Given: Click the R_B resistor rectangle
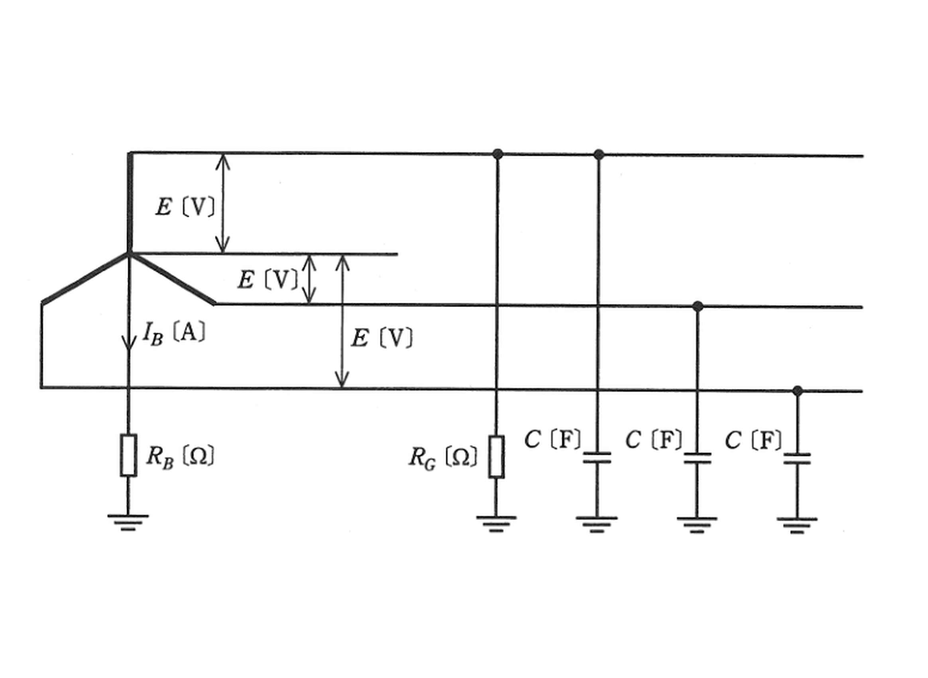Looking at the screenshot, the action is point(128,455).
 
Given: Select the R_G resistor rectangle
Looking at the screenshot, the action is point(496,457).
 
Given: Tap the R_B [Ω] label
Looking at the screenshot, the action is point(181,457).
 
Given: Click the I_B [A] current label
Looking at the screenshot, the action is point(173,333).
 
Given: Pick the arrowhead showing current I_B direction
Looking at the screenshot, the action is point(129,342).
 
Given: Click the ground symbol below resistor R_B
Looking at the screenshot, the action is point(128,522).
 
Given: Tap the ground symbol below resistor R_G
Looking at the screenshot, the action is point(496,524).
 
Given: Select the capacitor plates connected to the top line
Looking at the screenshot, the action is point(597,457).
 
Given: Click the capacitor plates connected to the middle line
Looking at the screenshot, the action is point(698,458).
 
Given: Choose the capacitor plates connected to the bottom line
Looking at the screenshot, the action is point(797,459).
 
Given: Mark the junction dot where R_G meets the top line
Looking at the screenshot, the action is point(497,154).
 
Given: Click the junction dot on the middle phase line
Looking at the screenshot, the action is point(698,306).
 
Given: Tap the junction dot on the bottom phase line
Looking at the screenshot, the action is point(798,391).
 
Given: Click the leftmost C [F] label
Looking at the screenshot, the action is point(552,439).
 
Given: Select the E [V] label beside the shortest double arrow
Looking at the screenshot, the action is point(267,280).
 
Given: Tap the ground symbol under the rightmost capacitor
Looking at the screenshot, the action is point(797,526).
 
